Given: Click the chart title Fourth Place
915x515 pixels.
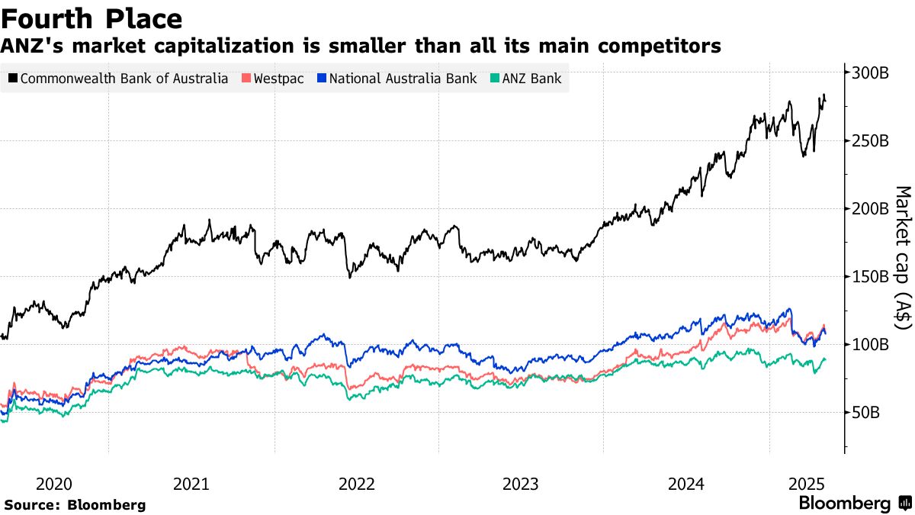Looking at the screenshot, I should (92, 18).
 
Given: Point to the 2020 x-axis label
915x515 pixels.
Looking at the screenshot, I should (54, 484).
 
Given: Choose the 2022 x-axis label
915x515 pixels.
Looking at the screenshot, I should (356, 484).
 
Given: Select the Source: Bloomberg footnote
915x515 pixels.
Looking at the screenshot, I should (75, 504).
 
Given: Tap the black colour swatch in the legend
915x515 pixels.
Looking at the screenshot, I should (14, 79).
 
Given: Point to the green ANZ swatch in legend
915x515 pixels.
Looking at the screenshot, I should (495, 79).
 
